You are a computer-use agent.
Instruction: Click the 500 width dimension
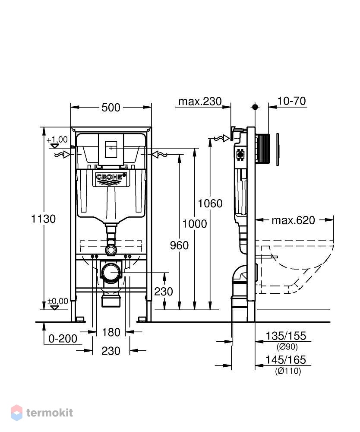pyautogui.click(x=111, y=107)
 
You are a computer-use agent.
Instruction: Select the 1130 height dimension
pyautogui.click(x=43, y=219)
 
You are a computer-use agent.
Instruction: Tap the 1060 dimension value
pyautogui.click(x=210, y=203)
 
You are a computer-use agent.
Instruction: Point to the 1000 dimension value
pyautogui.click(x=195, y=224)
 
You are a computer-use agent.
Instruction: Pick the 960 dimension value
pyautogui.click(x=179, y=245)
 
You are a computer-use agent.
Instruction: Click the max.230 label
pyautogui.click(x=200, y=102)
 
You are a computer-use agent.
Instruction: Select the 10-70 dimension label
pyautogui.click(x=291, y=101)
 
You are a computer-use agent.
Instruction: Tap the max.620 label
pyautogui.click(x=294, y=220)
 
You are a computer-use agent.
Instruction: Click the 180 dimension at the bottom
pyautogui.click(x=111, y=332)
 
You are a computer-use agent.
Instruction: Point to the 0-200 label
pyautogui.click(x=63, y=339)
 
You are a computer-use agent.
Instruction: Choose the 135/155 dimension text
pyautogui.click(x=286, y=336)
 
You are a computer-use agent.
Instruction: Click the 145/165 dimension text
pyautogui.click(x=286, y=360)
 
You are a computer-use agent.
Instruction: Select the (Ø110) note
pyautogui.click(x=288, y=371)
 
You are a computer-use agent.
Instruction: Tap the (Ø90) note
pyautogui.click(x=287, y=346)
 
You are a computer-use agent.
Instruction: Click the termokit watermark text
pyautogui.click(x=50, y=413)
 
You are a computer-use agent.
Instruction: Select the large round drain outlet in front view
pyautogui.click(x=111, y=272)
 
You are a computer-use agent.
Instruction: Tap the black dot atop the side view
pyautogui.click(x=255, y=107)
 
